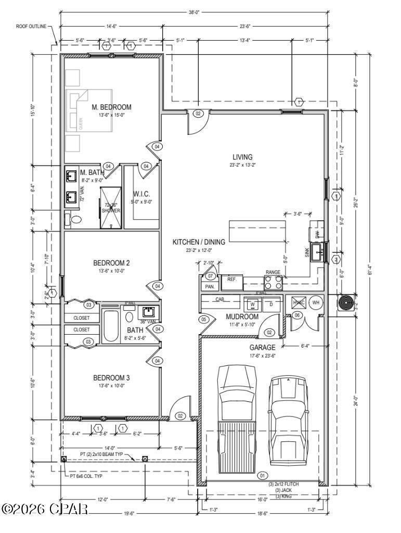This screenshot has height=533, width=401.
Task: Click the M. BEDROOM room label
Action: click(112, 107)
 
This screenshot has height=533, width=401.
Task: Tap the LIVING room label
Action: click(242, 157)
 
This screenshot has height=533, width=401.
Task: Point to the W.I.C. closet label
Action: click(141, 194)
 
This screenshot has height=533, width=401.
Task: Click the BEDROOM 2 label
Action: click(111, 263)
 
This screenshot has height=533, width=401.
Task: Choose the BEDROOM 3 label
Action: click(111, 377)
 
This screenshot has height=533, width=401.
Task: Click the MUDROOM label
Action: click(242, 316)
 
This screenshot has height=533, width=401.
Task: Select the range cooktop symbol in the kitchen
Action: click(274, 283)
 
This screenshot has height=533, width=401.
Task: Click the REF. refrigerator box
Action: click(232, 280)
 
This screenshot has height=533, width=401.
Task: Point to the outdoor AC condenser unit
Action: click(346, 303)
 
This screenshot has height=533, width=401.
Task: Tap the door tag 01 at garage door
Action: click(262, 475)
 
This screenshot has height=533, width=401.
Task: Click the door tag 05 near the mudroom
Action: click(204, 319)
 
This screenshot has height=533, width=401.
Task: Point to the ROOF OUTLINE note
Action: click(31, 25)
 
